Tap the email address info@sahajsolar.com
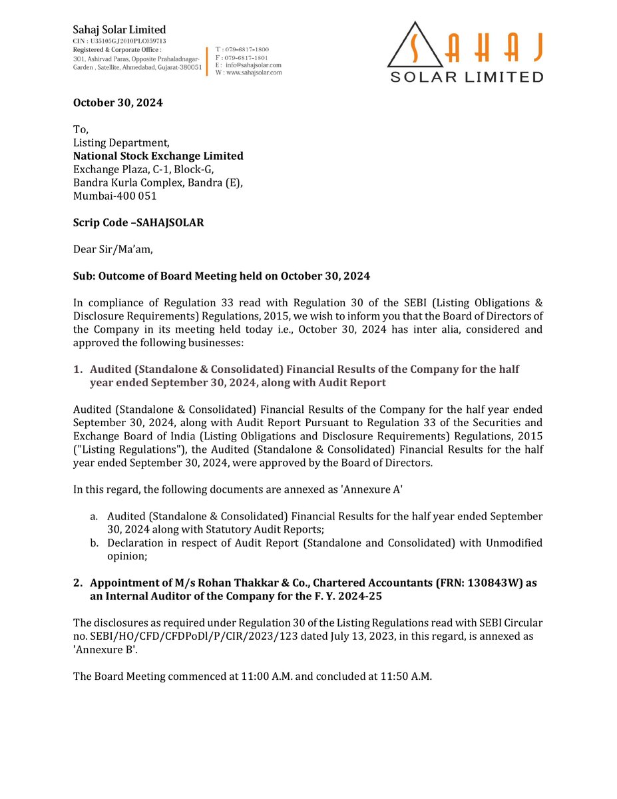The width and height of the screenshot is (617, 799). (x=254, y=65)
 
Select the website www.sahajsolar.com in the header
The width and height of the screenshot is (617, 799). (x=254, y=72)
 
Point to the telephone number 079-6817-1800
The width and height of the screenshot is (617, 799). (x=247, y=50)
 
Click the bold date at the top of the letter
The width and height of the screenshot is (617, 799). (x=118, y=103)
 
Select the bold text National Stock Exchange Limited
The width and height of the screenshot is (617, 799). (x=158, y=156)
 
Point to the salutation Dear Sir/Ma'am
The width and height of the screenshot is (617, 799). (x=112, y=250)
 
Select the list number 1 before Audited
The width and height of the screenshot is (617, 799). (x=77, y=369)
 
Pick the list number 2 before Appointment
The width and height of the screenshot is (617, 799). (x=77, y=583)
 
